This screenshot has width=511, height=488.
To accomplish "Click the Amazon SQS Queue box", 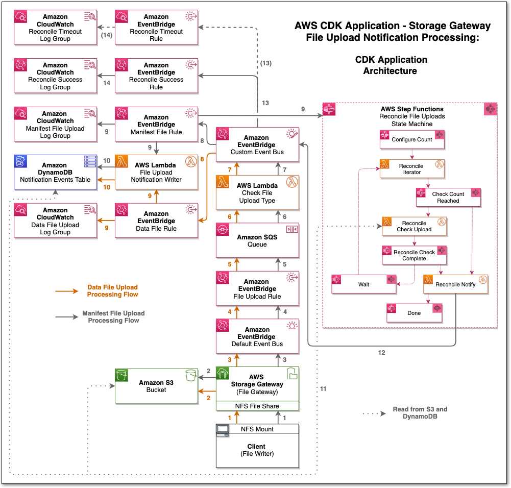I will pyautogui.click(x=257, y=240).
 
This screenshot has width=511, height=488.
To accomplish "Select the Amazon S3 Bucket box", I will pyautogui.click(x=156, y=386).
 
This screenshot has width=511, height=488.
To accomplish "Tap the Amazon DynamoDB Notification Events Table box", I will pyautogui.click(x=55, y=173).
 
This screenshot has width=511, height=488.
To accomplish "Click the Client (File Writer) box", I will pyautogui.click(x=257, y=450).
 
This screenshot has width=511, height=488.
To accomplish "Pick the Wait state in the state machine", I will pyautogui.click(x=363, y=284).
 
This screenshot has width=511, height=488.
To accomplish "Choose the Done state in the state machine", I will pyautogui.click(x=414, y=313).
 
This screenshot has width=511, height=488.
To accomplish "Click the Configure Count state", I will pyautogui.click(x=412, y=139).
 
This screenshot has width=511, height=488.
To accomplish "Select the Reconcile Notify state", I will pyautogui.click(x=455, y=284).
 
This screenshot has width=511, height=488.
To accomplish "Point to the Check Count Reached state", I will pyautogui.click(x=448, y=198).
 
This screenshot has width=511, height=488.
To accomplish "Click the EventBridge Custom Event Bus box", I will pyautogui.click(x=257, y=145).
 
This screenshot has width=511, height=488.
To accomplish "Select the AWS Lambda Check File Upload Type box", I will pyautogui.click(x=257, y=193).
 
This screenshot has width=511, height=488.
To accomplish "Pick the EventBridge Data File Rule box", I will pyautogui.click(x=156, y=221).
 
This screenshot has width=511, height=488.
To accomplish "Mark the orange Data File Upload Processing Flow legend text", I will pyautogui.click(x=112, y=291).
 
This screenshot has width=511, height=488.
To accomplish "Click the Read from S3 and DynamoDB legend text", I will pyautogui.click(x=420, y=412).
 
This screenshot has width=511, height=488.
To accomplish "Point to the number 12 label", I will pyautogui.click(x=381, y=353).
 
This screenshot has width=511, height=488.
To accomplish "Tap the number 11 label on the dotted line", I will pyautogui.click(x=323, y=389).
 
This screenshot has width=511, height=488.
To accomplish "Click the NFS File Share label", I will pyautogui.click(x=257, y=406).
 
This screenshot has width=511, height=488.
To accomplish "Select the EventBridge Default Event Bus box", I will pyautogui.click(x=257, y=337).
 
